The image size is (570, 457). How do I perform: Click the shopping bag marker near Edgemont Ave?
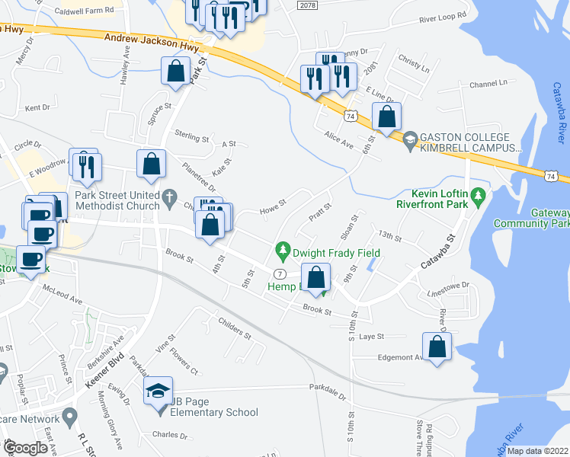[438, 347]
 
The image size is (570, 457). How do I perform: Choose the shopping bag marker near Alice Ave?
[387, 117]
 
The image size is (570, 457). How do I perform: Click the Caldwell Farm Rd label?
[84, 11]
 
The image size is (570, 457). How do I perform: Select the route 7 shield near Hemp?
[280, 274]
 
